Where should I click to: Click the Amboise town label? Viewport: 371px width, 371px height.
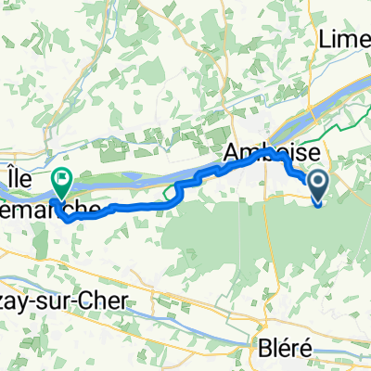tap(271, 151)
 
